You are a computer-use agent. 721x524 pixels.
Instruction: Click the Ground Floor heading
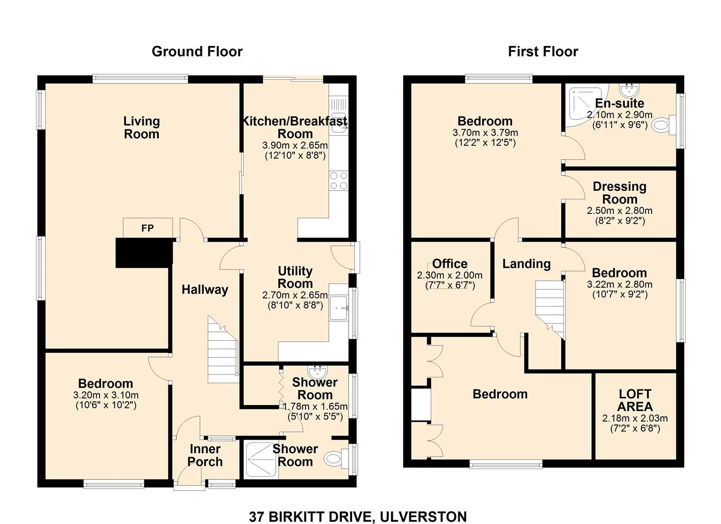[197, 51]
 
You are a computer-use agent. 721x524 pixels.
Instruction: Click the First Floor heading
[543, 51]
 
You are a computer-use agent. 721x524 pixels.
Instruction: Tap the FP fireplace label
[148, 228]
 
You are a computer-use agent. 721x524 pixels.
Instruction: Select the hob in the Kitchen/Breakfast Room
[338, 180]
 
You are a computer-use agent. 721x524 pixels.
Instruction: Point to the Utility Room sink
[339, 308]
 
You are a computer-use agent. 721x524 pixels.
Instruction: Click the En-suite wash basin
[629, 90]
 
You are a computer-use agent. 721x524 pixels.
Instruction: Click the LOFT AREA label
[635, 400]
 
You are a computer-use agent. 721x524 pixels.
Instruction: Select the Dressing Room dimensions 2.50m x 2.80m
[620, 211]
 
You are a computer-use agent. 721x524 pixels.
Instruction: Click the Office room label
[450, 263]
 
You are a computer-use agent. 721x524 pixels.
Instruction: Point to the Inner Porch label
[205, 455]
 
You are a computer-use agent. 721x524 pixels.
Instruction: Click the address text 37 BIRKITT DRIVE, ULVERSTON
[358, 517]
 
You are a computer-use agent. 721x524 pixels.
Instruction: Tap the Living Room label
[141, 128]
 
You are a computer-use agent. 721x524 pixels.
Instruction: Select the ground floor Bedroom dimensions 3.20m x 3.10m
[105, 395]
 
